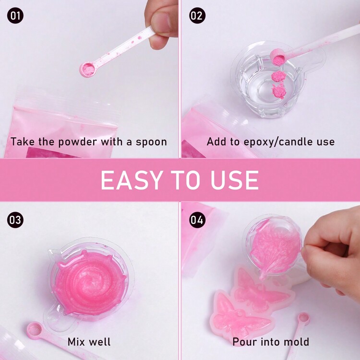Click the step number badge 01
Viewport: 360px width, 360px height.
tap(15, 16)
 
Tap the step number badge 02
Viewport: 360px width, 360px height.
tap(197, 16)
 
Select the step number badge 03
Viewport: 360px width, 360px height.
tap(15, 220)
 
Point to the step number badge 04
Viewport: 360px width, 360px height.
tap(197, 220)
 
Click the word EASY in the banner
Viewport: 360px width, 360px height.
tap(131, 180)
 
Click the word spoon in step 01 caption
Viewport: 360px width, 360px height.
tap(151, 143)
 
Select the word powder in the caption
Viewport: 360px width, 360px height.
tap(77, 142)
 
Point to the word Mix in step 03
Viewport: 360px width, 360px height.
tap(77, 342)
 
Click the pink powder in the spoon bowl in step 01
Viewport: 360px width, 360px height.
tap(88, 69)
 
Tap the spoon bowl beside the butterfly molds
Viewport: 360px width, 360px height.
tap(303, 318)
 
